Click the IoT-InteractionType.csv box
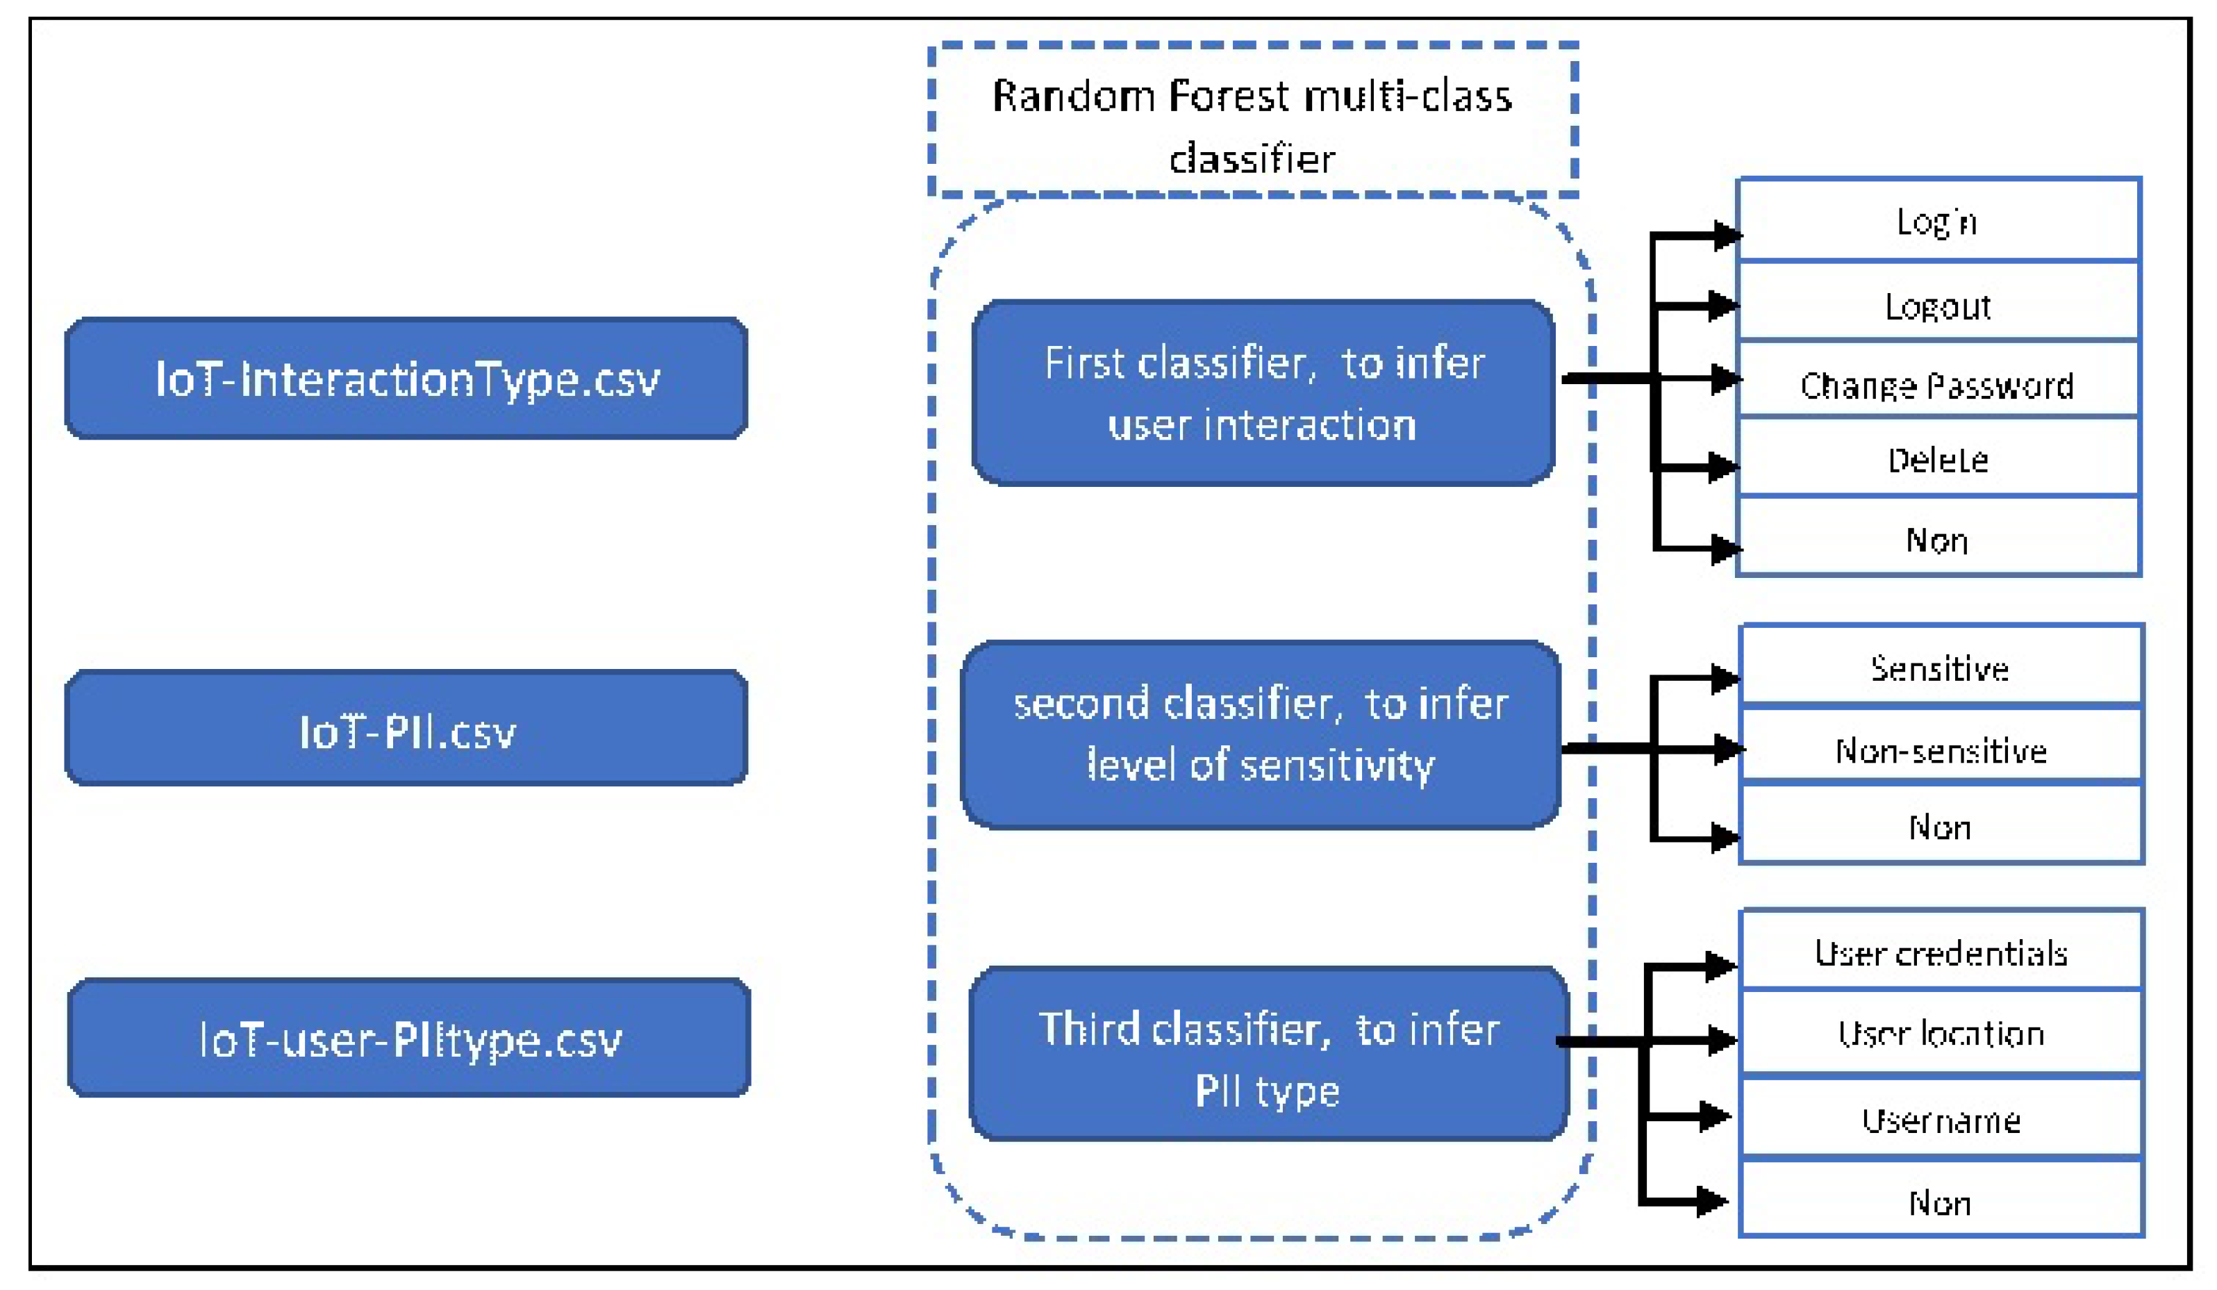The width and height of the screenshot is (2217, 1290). [406, 379]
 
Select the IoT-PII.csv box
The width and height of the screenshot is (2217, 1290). [406, 729]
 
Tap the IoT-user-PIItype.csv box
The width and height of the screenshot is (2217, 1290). [409, 1039]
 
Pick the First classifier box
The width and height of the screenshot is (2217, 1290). [1263, 393]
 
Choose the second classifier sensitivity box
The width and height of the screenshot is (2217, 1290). [1261, 735]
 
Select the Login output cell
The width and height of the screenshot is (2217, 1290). [1938, 220]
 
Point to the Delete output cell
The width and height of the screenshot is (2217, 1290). [1938, 458]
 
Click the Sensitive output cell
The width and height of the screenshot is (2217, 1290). [1941, 667]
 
